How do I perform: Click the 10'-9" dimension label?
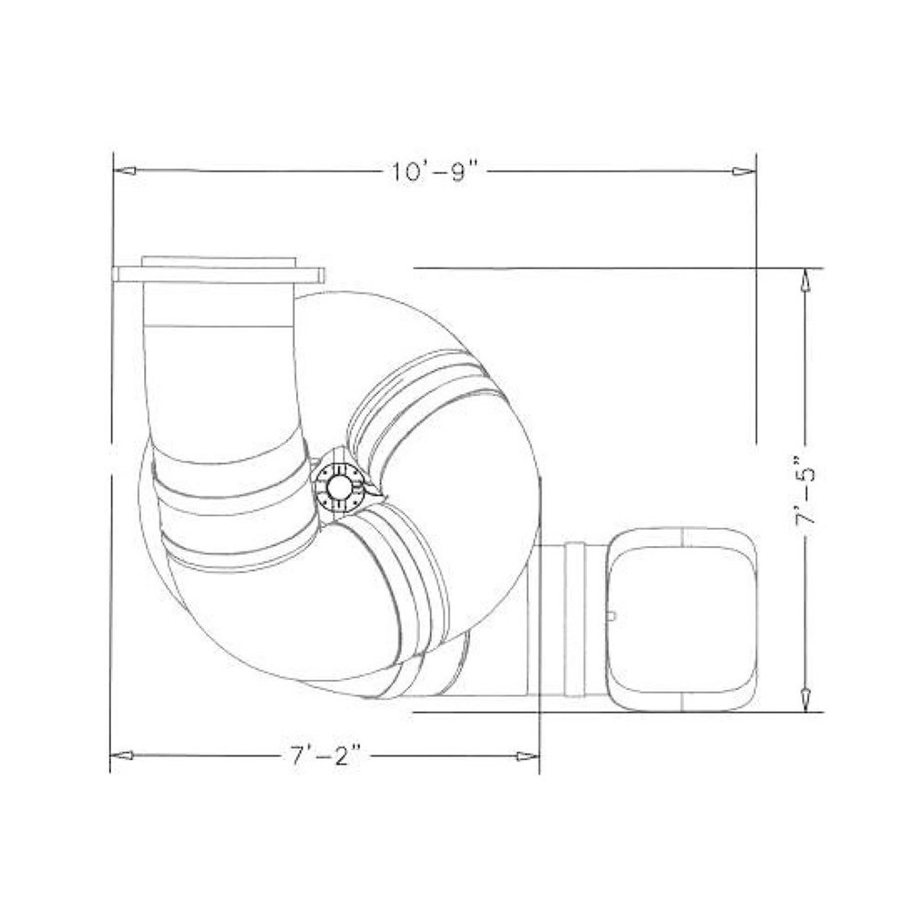435,172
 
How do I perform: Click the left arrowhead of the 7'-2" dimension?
120,755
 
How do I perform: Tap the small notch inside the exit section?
613,615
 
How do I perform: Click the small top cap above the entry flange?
218,261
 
